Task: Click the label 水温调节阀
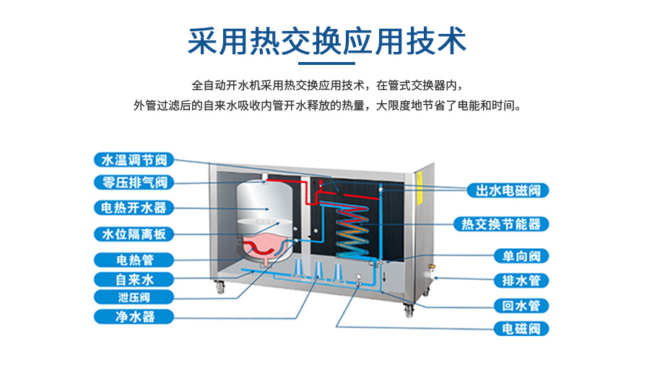[134, 159]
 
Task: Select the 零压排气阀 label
[134, 182]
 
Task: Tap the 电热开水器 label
[134, 208]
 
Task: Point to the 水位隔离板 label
[134, 234]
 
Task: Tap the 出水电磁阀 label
[508, 190]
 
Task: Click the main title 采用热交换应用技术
[326, 41]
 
